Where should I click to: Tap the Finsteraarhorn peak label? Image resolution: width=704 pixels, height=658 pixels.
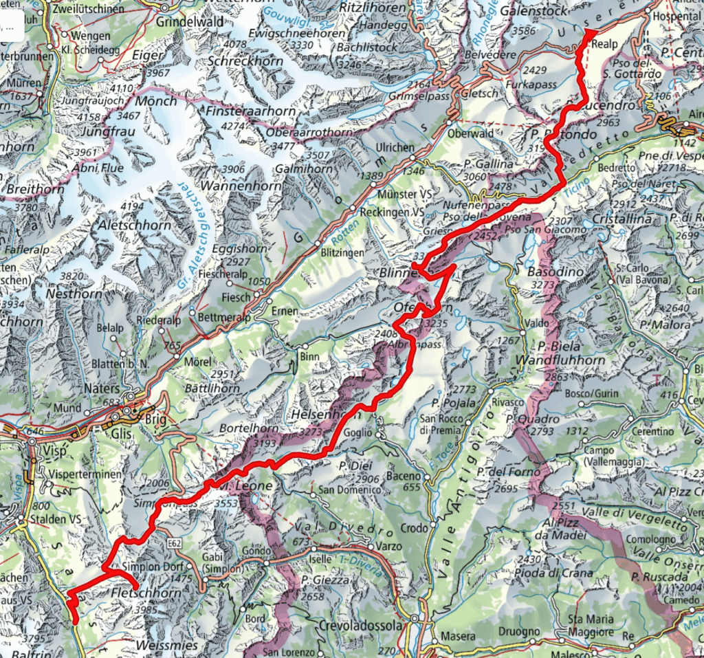(251, 111)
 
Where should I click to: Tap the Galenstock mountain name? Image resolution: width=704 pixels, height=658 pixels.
(534, 12)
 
